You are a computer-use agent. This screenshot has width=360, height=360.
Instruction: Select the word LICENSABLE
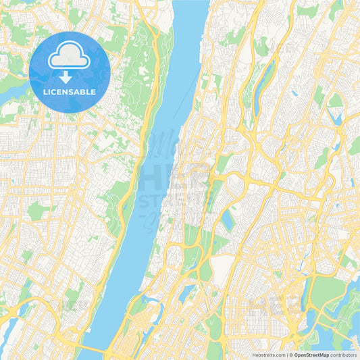point(70,91)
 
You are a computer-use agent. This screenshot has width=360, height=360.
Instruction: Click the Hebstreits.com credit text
point(268,354)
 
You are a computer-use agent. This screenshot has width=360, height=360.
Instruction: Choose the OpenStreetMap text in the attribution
point(311,354)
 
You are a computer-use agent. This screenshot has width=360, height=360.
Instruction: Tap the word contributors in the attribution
point(344,354)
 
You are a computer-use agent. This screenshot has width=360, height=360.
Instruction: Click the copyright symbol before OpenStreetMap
point(291,354)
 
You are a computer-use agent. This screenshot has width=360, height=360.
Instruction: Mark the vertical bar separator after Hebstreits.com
point(287,354)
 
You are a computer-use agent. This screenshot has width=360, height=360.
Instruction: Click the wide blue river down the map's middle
point(145,203)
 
